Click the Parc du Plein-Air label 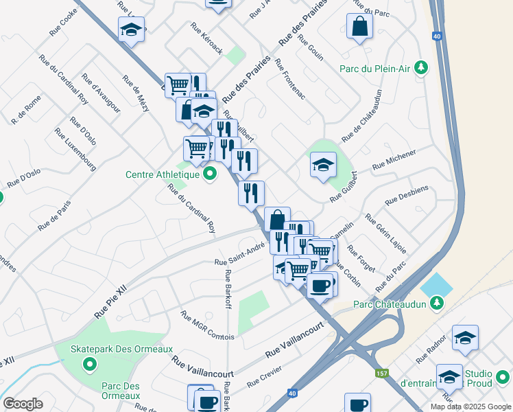click(x=377, y=68)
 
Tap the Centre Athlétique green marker click(x=211, y=174)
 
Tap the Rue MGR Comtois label click(x=207, y=325)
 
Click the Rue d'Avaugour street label click(x=100, y=93)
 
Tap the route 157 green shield click(x=381, y=374)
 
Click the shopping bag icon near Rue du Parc click(x=359, y=27)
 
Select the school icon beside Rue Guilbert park click(x=323, y=165)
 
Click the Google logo click(x=23, y=404)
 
